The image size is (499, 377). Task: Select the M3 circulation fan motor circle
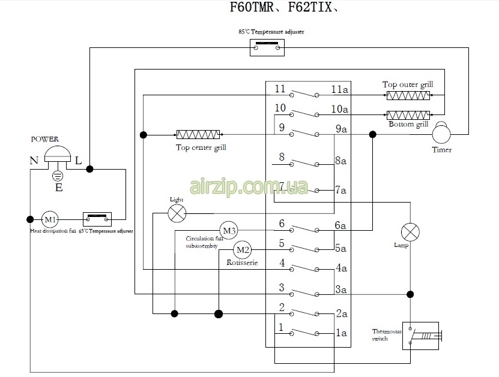[229, 230]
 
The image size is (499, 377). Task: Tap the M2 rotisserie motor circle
[242, 249]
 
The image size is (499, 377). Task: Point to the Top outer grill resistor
[408, 96]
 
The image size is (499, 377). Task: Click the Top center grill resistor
[198, 135]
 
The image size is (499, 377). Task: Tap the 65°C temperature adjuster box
[97, 218]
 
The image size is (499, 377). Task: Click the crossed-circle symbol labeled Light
[177, 212]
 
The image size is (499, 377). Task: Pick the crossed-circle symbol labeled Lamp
[411, 231]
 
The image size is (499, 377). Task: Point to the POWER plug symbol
[58, 156]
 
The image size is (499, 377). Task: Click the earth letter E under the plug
[58, 188]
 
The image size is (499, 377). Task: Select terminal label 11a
[339, 89]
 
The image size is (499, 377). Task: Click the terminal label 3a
[341, 289]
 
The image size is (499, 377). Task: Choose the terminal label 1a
[341, 333]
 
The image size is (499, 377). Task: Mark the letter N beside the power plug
[34, 161]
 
